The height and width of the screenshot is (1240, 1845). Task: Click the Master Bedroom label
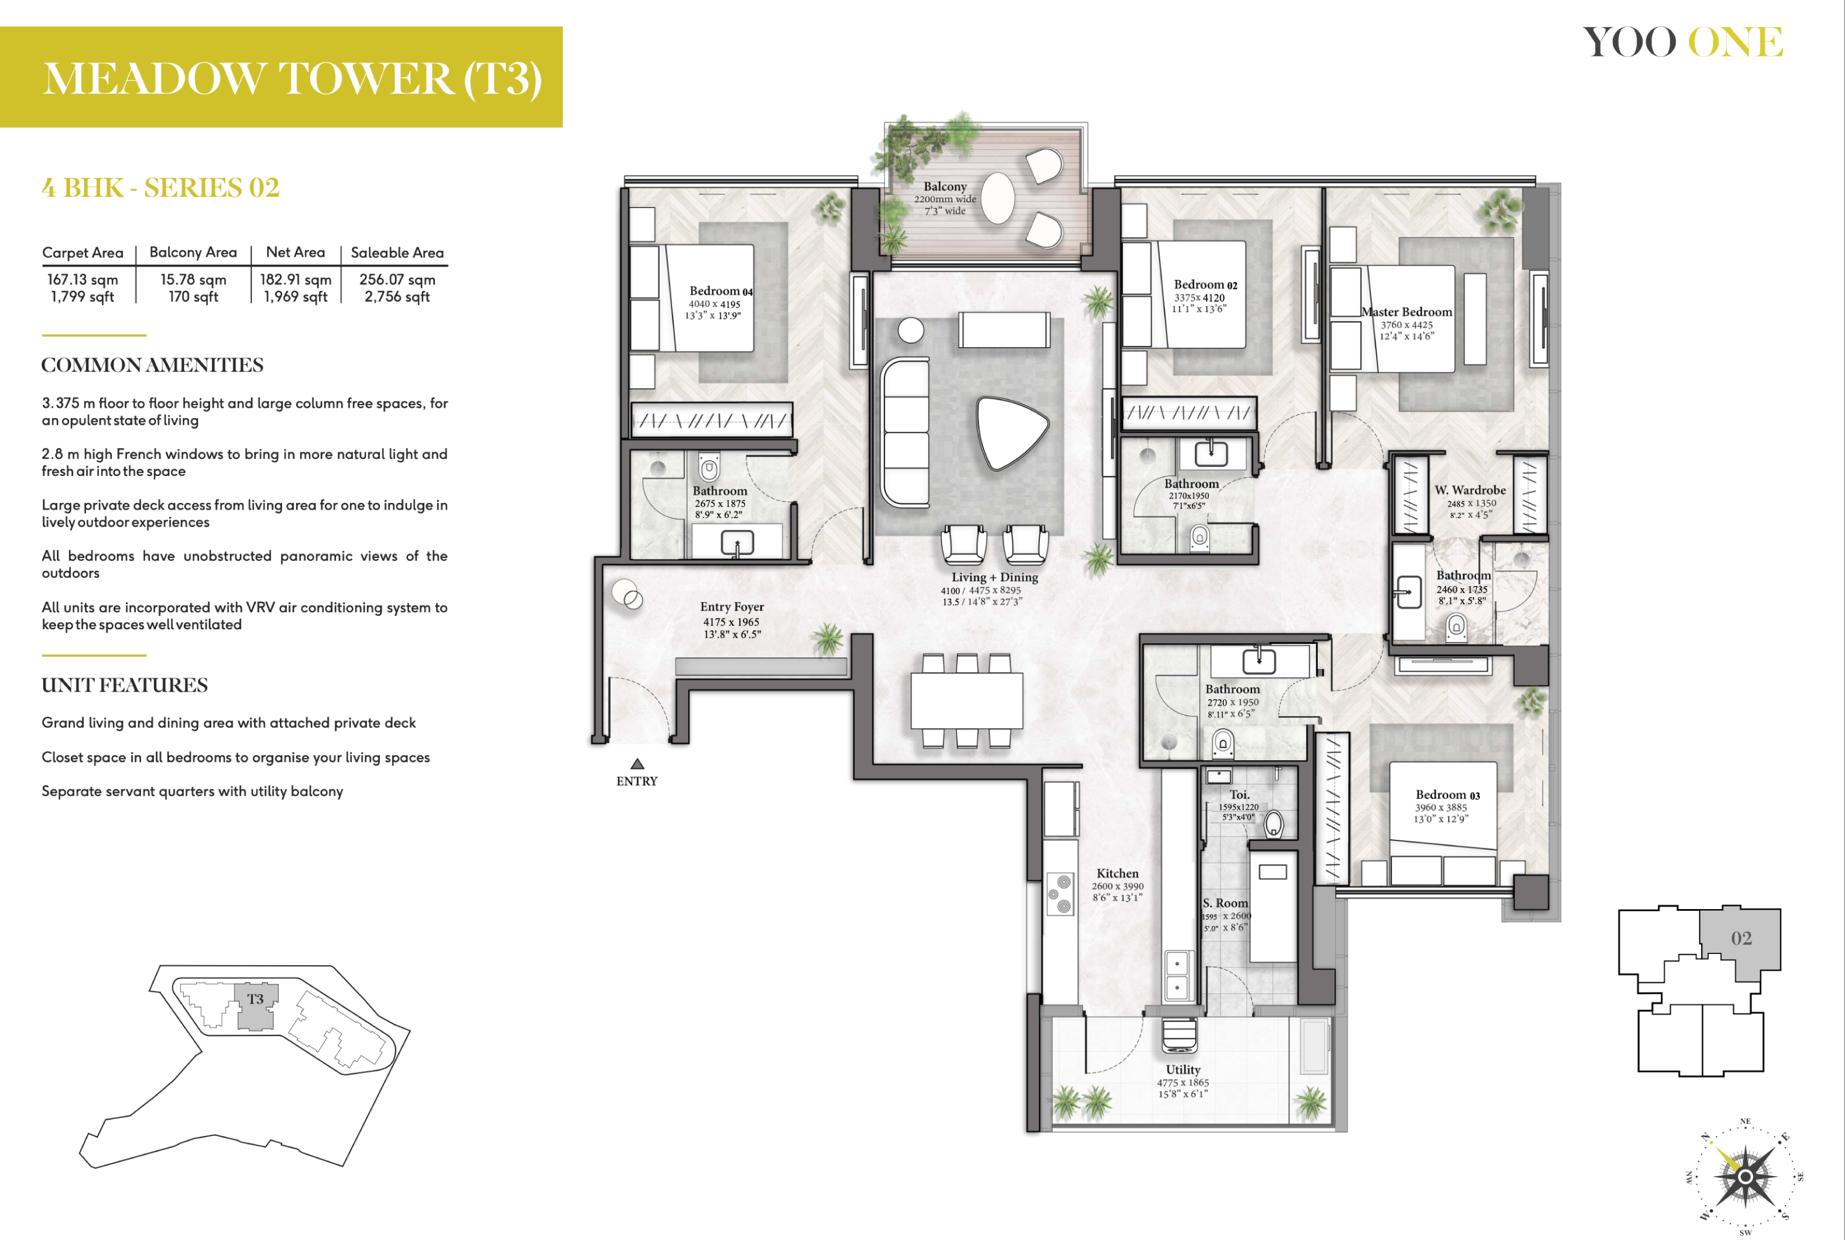pyautogui.click(x=1406, y=312)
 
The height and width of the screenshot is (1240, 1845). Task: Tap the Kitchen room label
pyautogui.click(x=1117, y=873)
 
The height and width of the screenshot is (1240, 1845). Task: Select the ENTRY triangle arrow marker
pyautogui.click(x=637, y=764)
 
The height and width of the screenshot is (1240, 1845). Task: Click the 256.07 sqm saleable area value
pyautogui.click(x=397, y=279)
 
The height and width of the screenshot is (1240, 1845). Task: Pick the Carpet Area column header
pyautogui.click(x=83, y=252)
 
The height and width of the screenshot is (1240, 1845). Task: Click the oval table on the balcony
pyautogui.click(x=998, y=198)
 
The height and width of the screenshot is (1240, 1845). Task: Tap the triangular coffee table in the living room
pyautogui.click(x=1012, y=433)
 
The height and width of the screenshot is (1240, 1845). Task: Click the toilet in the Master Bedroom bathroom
pyautogui.click(x=1457, y=628)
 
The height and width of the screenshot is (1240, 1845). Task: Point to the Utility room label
pyautogui.click(x=1183, y=1069)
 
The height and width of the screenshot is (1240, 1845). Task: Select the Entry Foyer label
pyautogui.click(x=732, y=607)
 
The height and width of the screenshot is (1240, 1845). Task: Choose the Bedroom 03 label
pyautogui.click(x=1447, y=795)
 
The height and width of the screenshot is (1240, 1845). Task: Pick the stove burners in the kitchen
pyautogui.click(x=1060, y=894)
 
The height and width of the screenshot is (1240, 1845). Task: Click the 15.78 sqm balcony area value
pyautogui.click(x=193, y=279)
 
